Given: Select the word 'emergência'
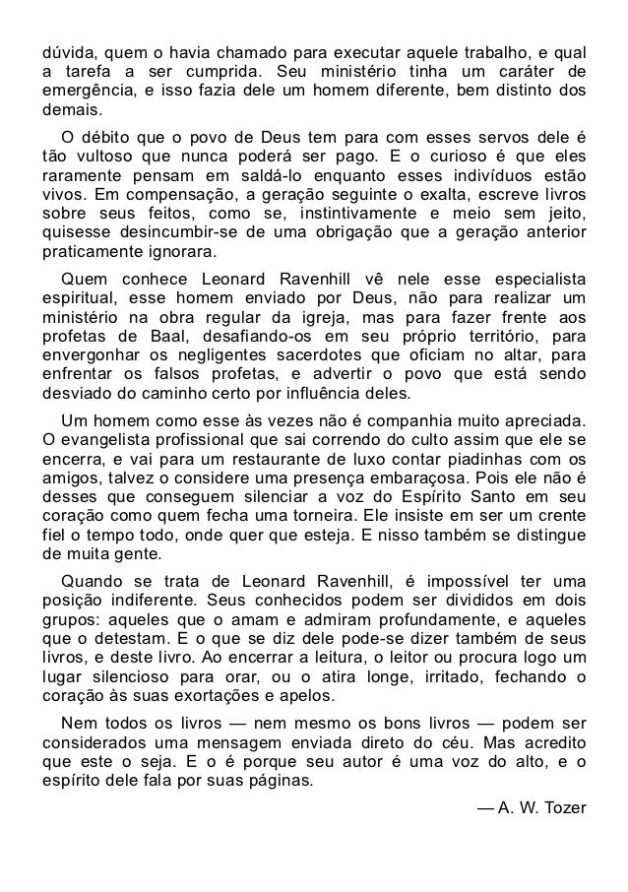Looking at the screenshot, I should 84,93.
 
